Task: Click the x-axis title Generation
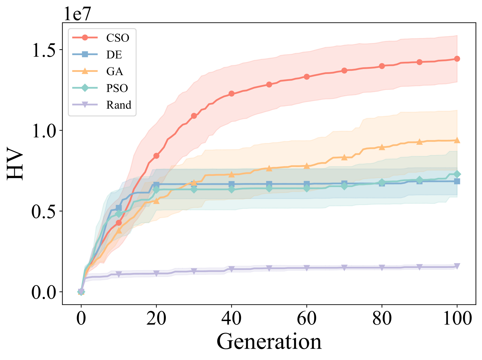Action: point(269,341)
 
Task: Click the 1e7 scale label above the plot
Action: point(77,13)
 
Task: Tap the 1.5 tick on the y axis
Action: point(44,50)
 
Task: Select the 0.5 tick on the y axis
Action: point(44,211)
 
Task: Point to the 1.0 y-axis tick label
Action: point(44,131)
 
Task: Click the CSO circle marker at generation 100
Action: point(457,59)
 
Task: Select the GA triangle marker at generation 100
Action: point(457,140)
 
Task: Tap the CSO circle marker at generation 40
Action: point(231,94)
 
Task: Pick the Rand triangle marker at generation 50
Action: point(269,268)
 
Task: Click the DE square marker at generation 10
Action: point(119,208)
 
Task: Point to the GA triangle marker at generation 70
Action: point(344,158)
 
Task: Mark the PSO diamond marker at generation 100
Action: point(457,174)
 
